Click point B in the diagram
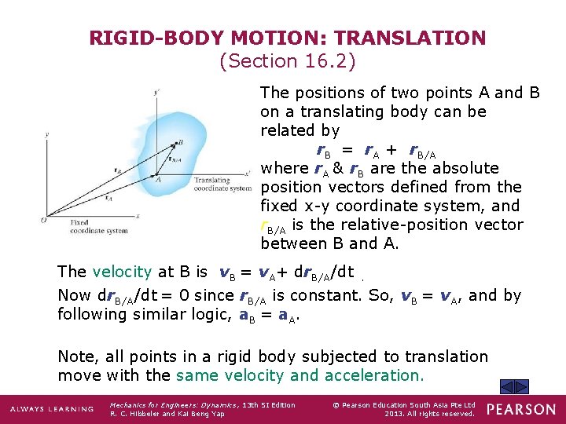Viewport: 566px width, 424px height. (180, 142)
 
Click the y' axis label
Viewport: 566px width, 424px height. (158, 93)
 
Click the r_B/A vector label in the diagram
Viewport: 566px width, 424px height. (175, 161)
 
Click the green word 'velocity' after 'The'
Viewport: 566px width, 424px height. (122, 272)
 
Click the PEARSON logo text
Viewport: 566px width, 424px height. (520, 409)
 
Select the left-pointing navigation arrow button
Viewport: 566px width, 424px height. (508, 386)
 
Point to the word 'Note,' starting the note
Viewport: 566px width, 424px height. (78, 357)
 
